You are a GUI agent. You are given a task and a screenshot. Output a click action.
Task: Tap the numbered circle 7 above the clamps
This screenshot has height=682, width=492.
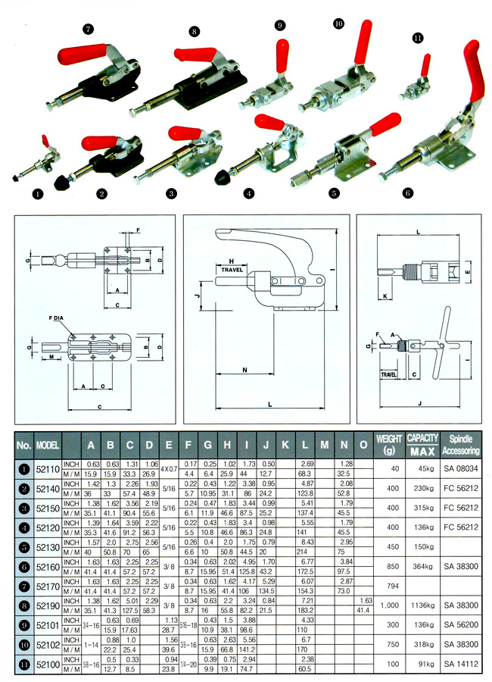pyautogui.click(x=89, y=30)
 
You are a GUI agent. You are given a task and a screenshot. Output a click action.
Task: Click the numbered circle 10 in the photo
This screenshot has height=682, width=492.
pyautogui.click(x=338, y=24)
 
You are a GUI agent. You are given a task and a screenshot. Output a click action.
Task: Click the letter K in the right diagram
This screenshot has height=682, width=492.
pyautogui.click(x=385, y=296)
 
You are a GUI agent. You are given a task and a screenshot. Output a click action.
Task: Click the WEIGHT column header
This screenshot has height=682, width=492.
pyautogui.click(x=388, y=442)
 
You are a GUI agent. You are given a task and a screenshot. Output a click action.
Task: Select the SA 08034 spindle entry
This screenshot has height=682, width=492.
pyautogui.click(x=460, y=468)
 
